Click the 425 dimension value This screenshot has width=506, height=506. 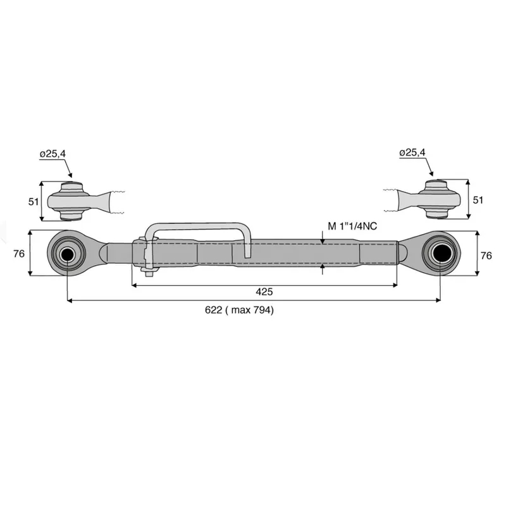point(264,292)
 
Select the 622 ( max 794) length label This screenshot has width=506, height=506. point(239,310)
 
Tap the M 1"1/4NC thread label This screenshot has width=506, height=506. point(352,226)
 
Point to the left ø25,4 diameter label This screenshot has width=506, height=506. point(52,154)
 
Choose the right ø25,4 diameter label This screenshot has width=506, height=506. point(412,152)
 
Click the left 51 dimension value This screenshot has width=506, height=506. point(34,202)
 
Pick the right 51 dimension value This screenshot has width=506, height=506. point(478,200)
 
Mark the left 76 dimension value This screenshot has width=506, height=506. point(19,254)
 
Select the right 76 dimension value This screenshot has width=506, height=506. point(486,256)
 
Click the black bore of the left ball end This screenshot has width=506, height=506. point(67,254)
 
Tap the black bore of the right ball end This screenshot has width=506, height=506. point(440,254)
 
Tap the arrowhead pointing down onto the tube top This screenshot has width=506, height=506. point(323,242)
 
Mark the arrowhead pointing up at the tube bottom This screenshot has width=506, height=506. point(323,266)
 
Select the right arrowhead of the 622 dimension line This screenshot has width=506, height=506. point(438,300)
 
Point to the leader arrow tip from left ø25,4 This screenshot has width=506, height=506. point(71,176)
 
